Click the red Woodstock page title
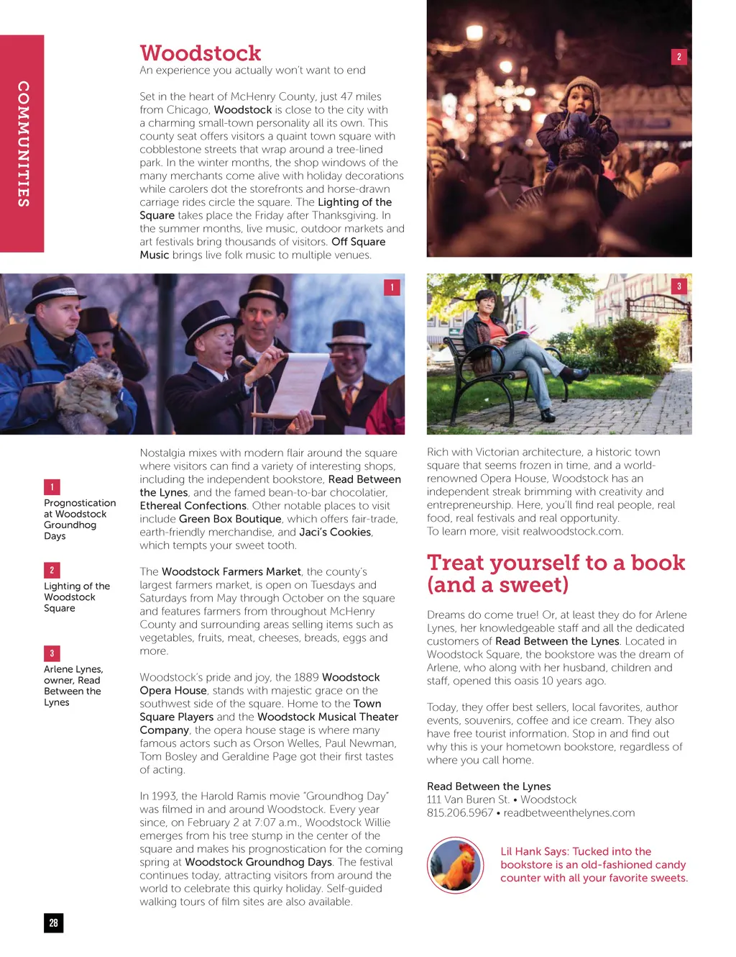coord(201,53)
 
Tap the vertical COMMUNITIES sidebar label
coord(23,144)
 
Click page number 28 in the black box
coord(53,923)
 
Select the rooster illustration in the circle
coord(456,865)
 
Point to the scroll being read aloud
coord(298,382)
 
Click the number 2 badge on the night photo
coord(678,57)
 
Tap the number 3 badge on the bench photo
coord(678,286)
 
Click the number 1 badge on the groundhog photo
coord(392,287)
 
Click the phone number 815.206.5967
coord(459,813)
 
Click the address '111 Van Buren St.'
coord(468,799)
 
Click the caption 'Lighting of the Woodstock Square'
coord(76,597)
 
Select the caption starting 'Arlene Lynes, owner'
coord(73,686)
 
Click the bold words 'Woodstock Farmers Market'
coord(231,572)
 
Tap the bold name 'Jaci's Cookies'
coord(335,532)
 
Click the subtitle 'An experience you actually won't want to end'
coord(252,71)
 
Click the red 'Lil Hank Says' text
coord(594,865)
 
